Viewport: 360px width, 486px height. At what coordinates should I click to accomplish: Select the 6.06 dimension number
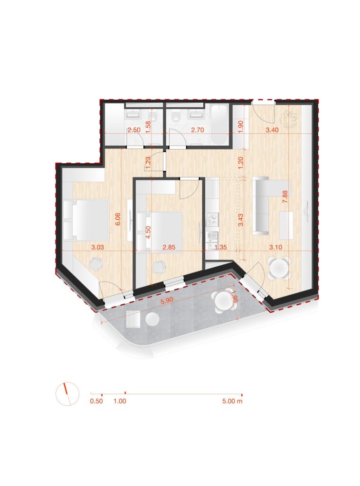pyautogui.click(x=117, y=219)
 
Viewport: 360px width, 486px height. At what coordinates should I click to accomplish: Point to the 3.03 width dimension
pyautogui.click(x=98, y=247)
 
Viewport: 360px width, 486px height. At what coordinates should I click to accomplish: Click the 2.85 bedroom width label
pyautogui.click(x=170, y=247)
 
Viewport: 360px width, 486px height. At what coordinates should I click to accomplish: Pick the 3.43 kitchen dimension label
pyautogui.click(x=241, y=220)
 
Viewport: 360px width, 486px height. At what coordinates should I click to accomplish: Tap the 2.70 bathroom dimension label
pyautogui.click(x=198, y=130)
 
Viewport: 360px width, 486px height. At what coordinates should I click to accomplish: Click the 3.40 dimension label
pyautogui.click(x=272, y=130)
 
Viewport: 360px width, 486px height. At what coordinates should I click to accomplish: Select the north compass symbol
pyautogui.click(x=67, y=393)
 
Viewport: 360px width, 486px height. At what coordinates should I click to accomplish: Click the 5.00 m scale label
pyautogui.click(x=232, y=401)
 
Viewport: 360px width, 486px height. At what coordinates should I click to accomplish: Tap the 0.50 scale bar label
pyautogui.click(x=96, y=401)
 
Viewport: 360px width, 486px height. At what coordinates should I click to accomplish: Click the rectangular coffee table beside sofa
pyautogui.click(x=286, y=224)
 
